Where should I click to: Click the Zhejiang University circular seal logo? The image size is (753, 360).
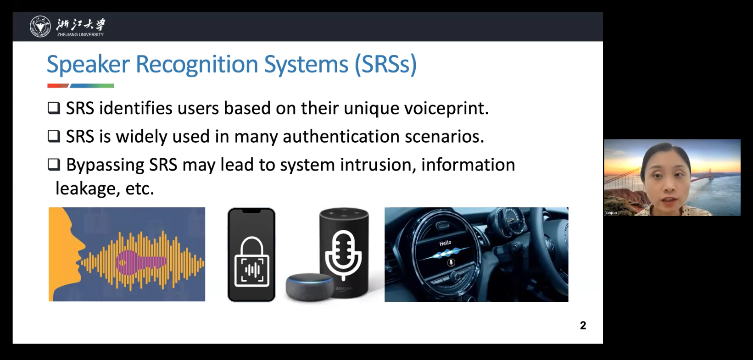(40, 26)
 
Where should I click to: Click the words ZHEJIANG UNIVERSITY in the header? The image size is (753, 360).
(80, 34)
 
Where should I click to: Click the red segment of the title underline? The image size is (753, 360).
(58, 86)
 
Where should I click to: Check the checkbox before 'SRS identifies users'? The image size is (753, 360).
(54, 108)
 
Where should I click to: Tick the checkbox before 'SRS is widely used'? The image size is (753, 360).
(54, 136)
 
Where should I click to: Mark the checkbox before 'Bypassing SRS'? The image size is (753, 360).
(54, 165)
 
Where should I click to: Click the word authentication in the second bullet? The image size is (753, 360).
(341, 136)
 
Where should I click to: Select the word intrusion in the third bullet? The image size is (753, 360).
(376, 165)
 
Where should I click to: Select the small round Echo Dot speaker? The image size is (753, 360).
(310, 287)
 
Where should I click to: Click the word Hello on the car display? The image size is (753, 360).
(445, 243)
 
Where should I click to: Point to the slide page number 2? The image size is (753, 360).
(583, 325)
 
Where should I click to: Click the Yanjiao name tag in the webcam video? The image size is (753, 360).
(611, 213)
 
